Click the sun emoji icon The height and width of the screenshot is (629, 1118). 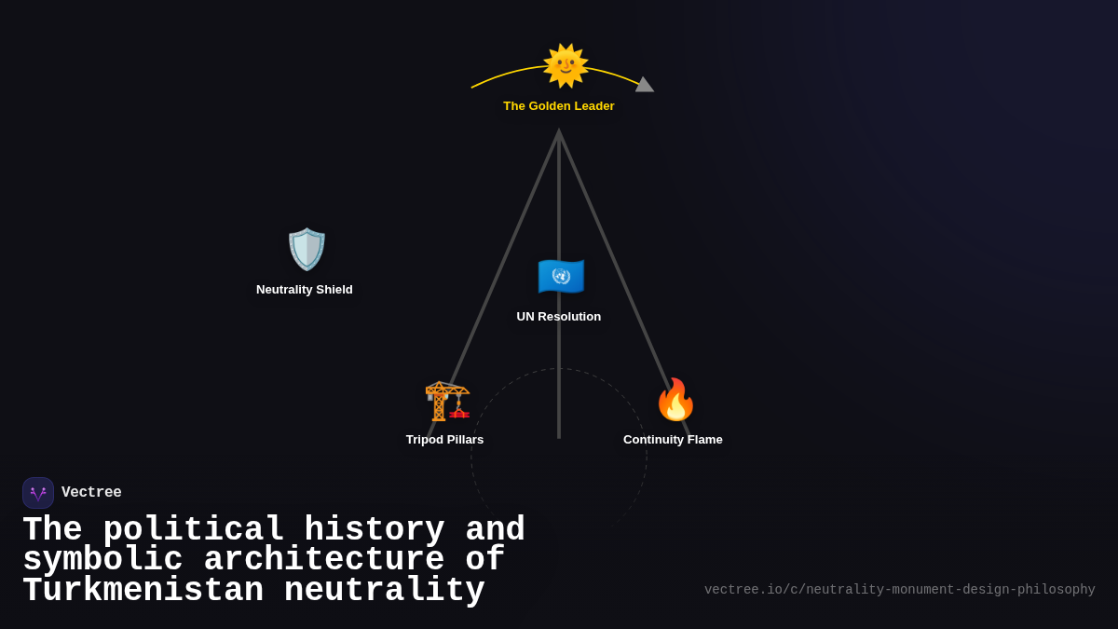pos(566,65)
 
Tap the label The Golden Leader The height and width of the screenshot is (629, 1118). pos(559,106)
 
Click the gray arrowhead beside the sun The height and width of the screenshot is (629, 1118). pos(644,85)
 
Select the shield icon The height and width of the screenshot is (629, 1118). pos(307,249)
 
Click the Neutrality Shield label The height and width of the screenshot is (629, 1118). pos(305,290)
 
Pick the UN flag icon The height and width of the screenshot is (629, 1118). pos(561,276)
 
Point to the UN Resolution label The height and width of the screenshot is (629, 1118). pos(559,317)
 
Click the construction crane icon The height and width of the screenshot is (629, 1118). pos(446,401)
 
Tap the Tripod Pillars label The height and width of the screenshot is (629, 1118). pos(444,440)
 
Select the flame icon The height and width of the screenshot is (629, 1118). pos(675,400)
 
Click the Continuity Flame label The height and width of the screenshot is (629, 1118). pos(673,440)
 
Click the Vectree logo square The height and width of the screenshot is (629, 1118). pos(38,493)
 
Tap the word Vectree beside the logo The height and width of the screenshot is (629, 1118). pos(91,493)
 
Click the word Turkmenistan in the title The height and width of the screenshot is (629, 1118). pos(143,591)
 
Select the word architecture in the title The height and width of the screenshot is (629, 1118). pos(323,560)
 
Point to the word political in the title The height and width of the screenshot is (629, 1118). pos(193,530)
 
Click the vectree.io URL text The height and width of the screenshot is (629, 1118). pos(899,590)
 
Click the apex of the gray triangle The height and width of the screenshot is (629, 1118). pos(559,132)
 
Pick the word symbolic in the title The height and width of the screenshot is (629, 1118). pos(102,560)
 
